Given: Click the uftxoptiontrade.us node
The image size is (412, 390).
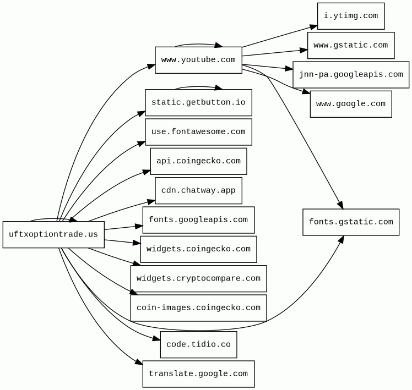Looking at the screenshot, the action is tap(53, 234).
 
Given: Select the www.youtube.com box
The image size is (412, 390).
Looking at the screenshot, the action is tap(198, 60).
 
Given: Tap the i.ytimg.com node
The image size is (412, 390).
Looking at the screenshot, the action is tap(351, 16).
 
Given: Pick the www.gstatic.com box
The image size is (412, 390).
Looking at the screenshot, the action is tap(351, 46).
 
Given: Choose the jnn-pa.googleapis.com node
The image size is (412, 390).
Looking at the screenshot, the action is tap(351, 75).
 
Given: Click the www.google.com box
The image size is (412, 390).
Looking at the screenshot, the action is tap(351, 104).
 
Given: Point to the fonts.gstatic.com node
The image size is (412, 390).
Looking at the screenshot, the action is tap(351, 222).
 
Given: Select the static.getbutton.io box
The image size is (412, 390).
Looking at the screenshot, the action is tap(198, 103).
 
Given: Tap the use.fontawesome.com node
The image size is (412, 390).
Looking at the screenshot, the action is tap(198, 132).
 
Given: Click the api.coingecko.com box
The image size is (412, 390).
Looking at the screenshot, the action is tap(198, 161).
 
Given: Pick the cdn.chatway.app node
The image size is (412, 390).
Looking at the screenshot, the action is tap(198, 190).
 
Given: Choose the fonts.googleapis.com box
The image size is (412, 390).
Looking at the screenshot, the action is tap(198, 220).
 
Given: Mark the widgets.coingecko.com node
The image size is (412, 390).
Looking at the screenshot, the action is tap(198, 249).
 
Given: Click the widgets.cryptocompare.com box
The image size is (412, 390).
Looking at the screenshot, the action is tap(198, 279).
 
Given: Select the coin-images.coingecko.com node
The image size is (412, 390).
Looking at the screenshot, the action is tap(198, 308).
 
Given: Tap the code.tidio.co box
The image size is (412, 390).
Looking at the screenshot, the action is tap(198, 344).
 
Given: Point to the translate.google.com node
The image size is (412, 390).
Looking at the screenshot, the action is tap(198, 374).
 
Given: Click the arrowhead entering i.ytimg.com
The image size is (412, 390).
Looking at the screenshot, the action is tap(314, 27).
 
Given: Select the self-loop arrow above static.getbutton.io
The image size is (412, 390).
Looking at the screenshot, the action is tap(198, 87).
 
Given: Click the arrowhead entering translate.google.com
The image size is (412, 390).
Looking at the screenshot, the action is tap(139, 362).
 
